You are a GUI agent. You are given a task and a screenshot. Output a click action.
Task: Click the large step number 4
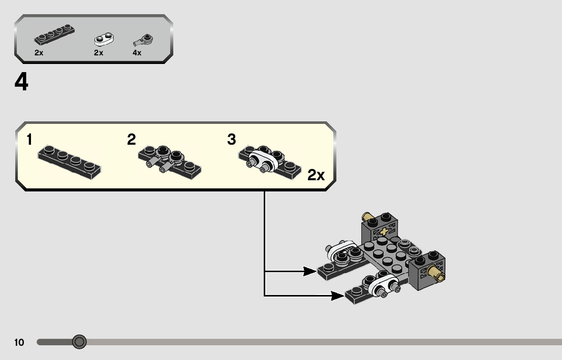[21, 83]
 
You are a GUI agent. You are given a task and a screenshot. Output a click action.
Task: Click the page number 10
[19, 343]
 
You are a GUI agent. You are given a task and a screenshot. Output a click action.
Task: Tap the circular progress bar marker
[79, 342]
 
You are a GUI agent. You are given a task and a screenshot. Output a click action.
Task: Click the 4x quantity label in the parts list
[137, 53]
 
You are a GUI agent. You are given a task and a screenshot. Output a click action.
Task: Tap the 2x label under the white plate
[99, 53]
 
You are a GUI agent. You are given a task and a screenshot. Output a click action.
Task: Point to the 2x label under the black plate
[39, 53]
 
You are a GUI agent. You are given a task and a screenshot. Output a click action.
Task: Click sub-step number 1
[30, 140]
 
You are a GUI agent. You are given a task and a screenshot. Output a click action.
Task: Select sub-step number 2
[132, 140]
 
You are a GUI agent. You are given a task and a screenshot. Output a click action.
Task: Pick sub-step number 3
[232, 140]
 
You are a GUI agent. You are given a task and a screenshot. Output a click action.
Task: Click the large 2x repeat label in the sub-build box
[316, 176]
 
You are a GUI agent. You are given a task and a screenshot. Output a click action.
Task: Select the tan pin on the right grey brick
[436, 273]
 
